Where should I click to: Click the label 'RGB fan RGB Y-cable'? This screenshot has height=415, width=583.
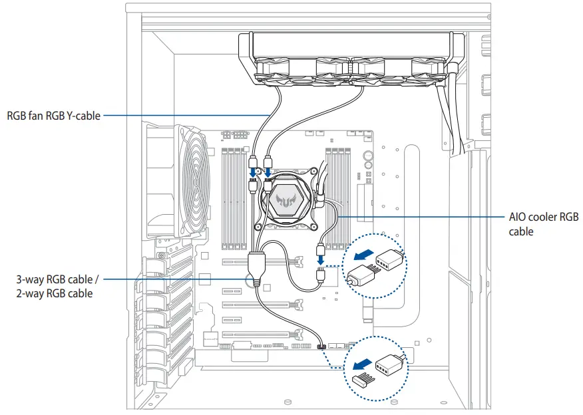53,116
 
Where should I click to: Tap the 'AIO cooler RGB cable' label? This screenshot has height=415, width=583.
543,224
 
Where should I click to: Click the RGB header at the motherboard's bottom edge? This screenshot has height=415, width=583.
321,346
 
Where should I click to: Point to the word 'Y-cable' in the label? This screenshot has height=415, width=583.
84,116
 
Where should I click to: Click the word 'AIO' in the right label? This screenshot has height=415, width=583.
518,217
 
